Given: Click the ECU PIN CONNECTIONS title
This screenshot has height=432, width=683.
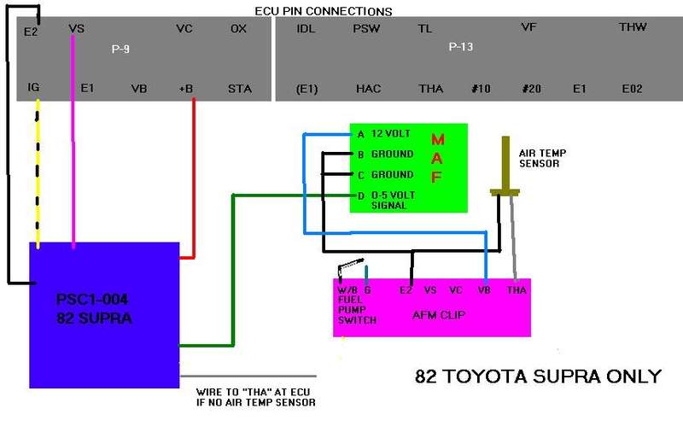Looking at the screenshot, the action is (x=324, y=11).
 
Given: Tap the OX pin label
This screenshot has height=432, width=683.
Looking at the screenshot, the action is (x=238, y=29).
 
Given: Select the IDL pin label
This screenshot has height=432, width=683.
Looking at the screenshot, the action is (x=306, y=29).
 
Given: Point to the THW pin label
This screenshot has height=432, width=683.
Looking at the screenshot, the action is (x=633, y=27).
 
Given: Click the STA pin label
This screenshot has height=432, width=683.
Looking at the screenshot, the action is (x=240, y=89).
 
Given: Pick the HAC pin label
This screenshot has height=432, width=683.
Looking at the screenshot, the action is (x=369, y=89).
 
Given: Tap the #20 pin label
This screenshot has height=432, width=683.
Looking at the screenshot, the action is (x=531, y=89).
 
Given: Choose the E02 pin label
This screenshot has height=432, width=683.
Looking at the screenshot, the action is (x=632, y=89).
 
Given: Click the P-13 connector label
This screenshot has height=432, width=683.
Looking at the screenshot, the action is (x=461, y=47).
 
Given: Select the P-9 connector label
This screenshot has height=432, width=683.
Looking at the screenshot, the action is (x=120, y=49).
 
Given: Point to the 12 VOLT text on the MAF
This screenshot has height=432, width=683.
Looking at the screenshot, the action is (x=391, y=133).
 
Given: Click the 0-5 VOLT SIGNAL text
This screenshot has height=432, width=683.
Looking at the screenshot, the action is (x=393, y=201).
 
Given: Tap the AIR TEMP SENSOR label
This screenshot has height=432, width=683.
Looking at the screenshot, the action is (x=542, y=158).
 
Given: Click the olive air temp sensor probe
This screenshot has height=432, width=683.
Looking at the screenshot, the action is (x=505, y=166).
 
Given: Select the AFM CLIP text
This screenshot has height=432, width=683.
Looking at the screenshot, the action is (x=439, y=315).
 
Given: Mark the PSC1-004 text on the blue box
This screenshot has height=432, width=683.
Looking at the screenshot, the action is (x=92, y=299).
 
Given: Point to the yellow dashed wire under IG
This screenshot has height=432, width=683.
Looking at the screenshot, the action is (x=38, y=174).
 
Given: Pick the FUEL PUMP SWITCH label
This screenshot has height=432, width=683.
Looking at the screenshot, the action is (x=357, y=310).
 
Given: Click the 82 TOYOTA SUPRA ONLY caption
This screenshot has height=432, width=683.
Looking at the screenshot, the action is (x=538, y=377).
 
